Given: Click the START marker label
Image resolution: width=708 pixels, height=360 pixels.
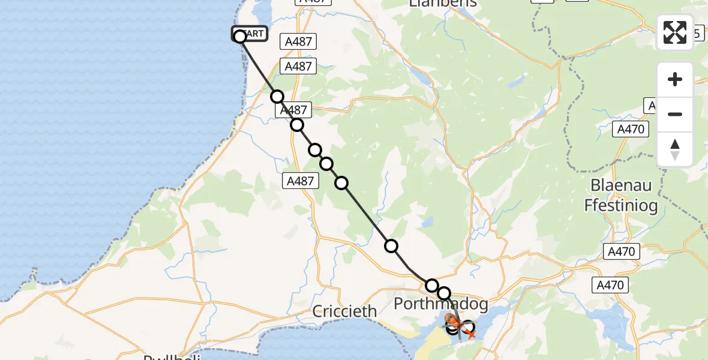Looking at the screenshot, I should click(x=250, y=34).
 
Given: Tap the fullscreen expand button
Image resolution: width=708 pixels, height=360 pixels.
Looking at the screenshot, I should click(x=675, y=32).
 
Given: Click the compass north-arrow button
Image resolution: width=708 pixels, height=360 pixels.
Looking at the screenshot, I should click(x=675, y=149).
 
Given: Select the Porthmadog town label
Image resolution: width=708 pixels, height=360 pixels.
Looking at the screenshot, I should click(x=440, y=304).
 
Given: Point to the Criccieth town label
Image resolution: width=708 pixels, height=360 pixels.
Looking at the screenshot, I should click(x=345, y=311).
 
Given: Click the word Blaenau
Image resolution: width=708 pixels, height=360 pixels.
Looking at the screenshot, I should click(x=620, y=185).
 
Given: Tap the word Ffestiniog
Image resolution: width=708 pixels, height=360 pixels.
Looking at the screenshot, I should click(x=620, y=206).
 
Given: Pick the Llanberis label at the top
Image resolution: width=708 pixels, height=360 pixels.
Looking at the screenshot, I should click(x=442, y=4).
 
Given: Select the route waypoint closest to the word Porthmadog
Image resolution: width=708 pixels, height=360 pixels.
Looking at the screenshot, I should click(x=444, y=293).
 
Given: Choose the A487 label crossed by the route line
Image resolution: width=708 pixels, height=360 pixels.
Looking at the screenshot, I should click(x=293, y=110).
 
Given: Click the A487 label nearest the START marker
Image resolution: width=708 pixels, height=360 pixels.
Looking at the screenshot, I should click(x=299, y=41).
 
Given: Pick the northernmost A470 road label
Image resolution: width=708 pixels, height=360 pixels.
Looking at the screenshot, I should click(x=631, y=129).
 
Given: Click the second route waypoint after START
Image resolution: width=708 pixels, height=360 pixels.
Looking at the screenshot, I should click(x=297, y=125).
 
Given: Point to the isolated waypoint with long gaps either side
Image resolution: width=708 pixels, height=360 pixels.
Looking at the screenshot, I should click(x=391, y=245).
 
